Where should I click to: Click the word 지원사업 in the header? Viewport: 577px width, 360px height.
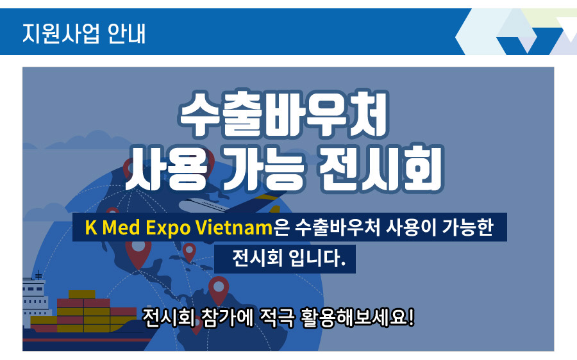pos(61,33)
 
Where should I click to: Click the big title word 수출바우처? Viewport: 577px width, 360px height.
pos(283,113)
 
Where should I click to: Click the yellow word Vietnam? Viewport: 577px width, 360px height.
pos(234,227)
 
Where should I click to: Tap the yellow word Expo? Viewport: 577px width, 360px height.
pos(168,228)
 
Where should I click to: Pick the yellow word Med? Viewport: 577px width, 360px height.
pos(121,227)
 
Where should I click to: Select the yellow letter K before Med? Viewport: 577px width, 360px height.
pos(91,227)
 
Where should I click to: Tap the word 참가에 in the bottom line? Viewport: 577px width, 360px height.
pos(228,317)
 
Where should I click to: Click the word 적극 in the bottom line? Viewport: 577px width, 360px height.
pos(278,317)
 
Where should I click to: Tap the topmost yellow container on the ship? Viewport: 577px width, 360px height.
pos(81,295)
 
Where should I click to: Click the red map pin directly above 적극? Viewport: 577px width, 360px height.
pos(219,289)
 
